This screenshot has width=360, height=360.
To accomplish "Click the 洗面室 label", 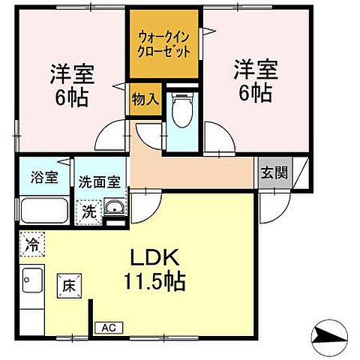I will tap(99, 181).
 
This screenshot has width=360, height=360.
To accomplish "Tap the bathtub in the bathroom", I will tap(44, 210).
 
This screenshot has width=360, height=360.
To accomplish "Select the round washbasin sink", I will tap(113, 208).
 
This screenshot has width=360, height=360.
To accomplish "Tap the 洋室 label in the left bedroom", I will tap(71, 73).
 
